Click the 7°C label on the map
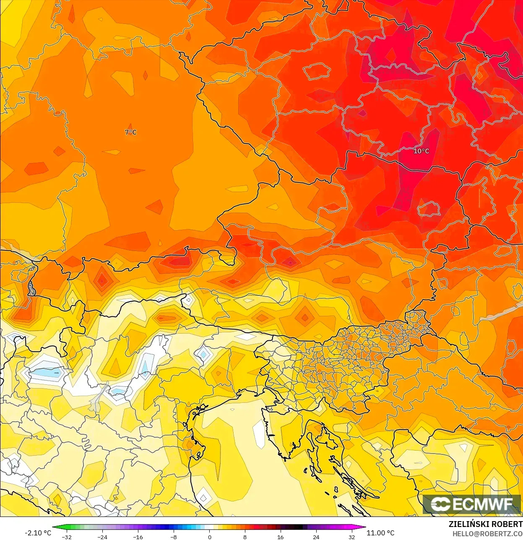coord(130,132)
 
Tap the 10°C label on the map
coord(421,151)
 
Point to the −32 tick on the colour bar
coord(67,537)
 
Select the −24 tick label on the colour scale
coord(102,537)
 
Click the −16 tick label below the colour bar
coord(138,537)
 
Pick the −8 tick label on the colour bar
coord(174,537)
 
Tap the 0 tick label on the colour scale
coord(209,537)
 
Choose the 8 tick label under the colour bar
coord(245,537)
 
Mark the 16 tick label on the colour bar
coord(280,537)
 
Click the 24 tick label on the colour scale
coord(316,537)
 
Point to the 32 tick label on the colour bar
coord(351,537)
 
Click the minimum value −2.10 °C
coord(38,533)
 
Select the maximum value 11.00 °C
coord(380,533)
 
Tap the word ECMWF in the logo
coord(483,504)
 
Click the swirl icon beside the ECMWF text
coord(440,504)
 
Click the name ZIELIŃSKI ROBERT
coord(485,524)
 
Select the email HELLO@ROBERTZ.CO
coord(487,534)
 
